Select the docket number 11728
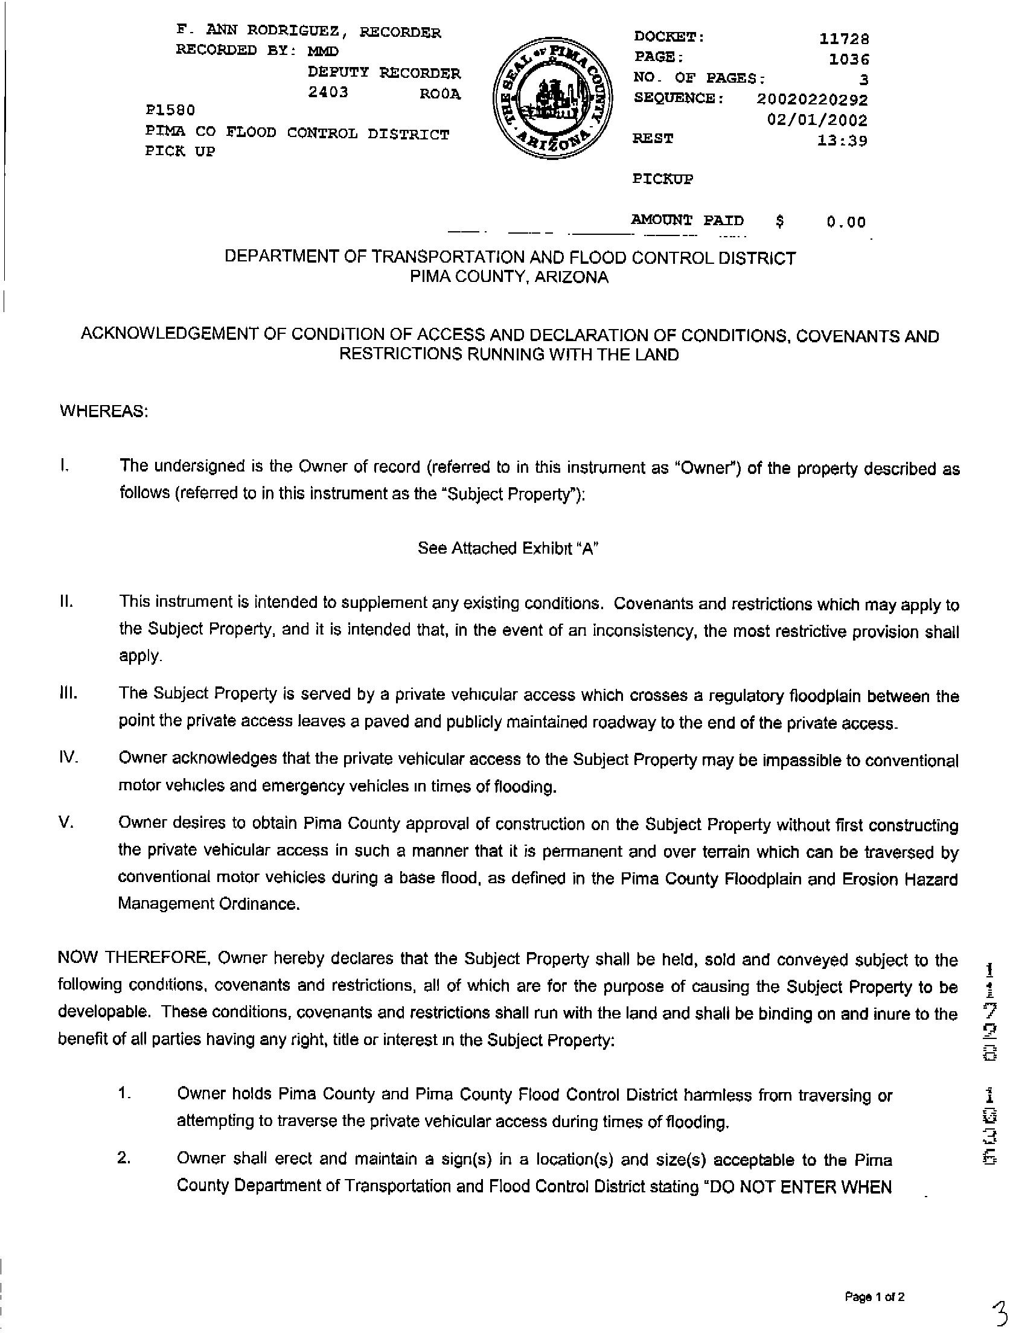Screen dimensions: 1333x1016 coord(843,39)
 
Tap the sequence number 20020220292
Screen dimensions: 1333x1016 coord(811,99)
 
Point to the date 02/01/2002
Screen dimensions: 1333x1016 coord(817,120)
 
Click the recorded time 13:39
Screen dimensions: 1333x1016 coord(842,141)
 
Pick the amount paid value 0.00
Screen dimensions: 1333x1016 coord(846,222)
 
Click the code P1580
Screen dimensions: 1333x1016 coord(170,110)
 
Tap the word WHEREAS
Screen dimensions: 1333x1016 coord(103,411)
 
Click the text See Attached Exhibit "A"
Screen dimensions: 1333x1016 coord(508,548)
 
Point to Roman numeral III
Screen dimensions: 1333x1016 coord(68,693)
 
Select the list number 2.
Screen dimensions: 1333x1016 coord(124,1159)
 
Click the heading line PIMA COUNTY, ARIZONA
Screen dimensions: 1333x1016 coord(510,277)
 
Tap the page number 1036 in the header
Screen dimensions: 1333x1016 coord(849,60)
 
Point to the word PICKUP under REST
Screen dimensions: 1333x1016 coord(662,179)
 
